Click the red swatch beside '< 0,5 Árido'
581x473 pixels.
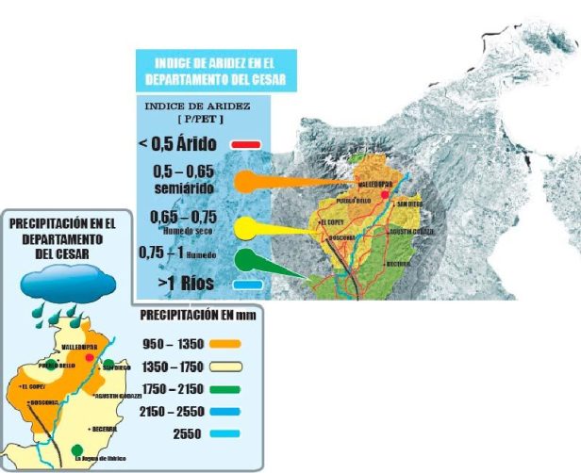tap(247, 146)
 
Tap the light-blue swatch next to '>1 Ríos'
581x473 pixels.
tap(247, 283)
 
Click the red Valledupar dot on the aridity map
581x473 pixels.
tap(385, 193)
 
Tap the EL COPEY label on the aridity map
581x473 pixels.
tap(332, 222)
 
